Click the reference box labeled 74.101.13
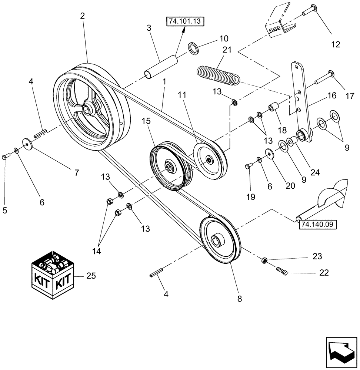click(186, 21)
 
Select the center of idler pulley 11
click(210, 160)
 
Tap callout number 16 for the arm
click(331, 96)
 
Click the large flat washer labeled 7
click(27, 144)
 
